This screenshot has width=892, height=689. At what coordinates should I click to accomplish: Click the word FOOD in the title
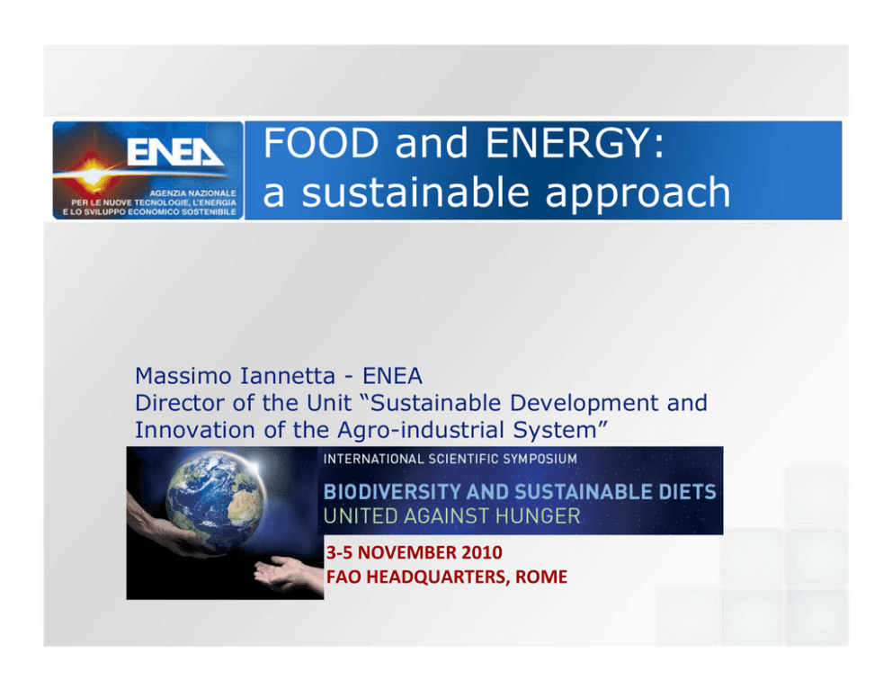pos(321,143)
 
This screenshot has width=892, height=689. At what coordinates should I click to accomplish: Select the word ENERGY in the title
pos(575,143)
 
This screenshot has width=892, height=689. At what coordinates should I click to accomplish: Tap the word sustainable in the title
pos(415,192)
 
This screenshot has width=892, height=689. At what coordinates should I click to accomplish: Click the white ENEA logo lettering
pos(174,152)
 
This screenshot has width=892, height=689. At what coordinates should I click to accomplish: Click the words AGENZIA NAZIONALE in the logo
pos(192,192)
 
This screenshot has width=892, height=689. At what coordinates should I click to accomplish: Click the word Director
pos(180,403)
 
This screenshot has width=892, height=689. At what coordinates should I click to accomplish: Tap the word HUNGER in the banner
pos(538,516)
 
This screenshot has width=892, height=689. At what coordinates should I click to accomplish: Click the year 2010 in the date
pos(482,552)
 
